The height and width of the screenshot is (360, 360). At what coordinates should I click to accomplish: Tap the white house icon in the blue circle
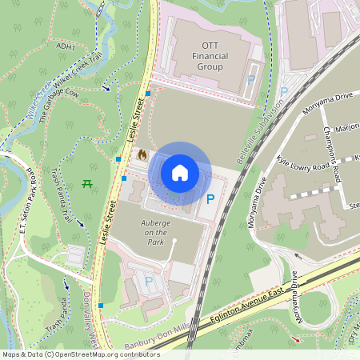(180, 173)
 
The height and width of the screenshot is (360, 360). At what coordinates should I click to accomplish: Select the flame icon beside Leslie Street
(142, 154)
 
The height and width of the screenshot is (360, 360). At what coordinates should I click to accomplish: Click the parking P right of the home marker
(210, 200)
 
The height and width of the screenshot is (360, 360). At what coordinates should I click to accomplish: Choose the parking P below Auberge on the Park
(148, 282)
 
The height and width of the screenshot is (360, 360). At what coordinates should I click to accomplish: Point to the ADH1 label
(66, 47)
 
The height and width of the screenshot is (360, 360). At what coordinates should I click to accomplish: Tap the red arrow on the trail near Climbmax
(297, 339)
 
